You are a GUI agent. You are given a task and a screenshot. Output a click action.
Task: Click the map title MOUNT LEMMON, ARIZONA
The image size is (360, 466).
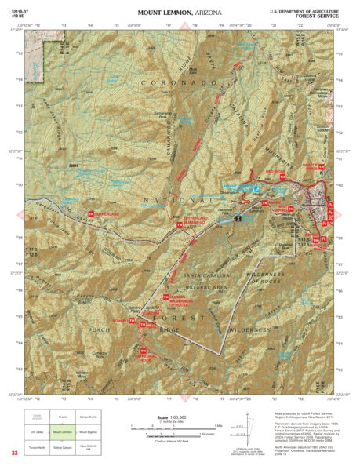tap(180, 13)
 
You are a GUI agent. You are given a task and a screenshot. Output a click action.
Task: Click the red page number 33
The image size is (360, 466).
tap(14, 453)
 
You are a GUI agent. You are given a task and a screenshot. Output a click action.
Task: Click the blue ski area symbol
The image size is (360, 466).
tap(256, 189)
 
